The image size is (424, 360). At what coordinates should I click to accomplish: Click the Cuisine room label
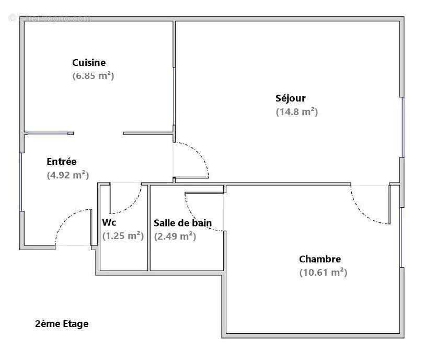pyautogui.click(x=89, y=63)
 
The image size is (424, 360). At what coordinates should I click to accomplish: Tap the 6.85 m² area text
pyautogui.click(x=93, y=76)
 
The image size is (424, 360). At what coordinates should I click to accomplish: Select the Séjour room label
pyautogui.click(x=291, y=98)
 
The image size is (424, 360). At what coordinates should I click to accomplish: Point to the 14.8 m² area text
pyautogui.click(x=296, y=111)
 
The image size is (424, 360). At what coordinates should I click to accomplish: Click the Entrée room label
pyautogui.click(x=61, y=162)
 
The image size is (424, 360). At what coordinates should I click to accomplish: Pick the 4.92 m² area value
pyautogui.click(x=67, y=175)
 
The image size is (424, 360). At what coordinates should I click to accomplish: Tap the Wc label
pyautogui.click(x=109, y=222)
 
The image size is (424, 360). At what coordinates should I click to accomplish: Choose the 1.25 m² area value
pyautogui.click(x=123, y=236)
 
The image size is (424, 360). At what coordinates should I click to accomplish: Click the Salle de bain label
pyautogui.click(x=182, y=223)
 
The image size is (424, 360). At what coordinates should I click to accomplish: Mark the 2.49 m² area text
pyautogui.click(x=175, y=236)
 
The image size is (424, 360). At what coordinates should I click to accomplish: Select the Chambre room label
pyautogui.click(x=320, y=259)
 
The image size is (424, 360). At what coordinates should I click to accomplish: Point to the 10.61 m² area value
pyautogui.click(x=323, y=273)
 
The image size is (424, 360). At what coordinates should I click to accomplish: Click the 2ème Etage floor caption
pyautogui.click(x=62, y=324)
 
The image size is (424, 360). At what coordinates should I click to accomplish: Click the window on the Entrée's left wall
pyautogui.click(x=21, y=182)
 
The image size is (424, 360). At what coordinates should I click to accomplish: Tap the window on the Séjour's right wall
pyautogui.click(x=403, y=127)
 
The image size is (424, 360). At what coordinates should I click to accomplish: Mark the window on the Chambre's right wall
pyautogui.click(x=402, y=237)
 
